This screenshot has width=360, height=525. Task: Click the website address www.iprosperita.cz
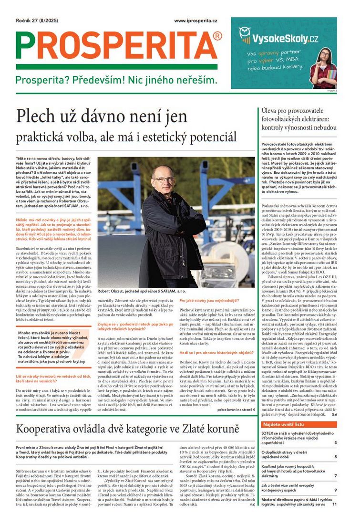tap(196, 21)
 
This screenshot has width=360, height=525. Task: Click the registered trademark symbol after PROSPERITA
tap(217, 36)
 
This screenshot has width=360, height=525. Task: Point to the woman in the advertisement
tap(323, 68)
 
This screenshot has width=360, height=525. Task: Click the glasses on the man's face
tap(164, 179)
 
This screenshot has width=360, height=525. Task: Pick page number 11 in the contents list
tap(334, 504)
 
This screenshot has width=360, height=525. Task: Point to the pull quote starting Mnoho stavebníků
tap(50, 348)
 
